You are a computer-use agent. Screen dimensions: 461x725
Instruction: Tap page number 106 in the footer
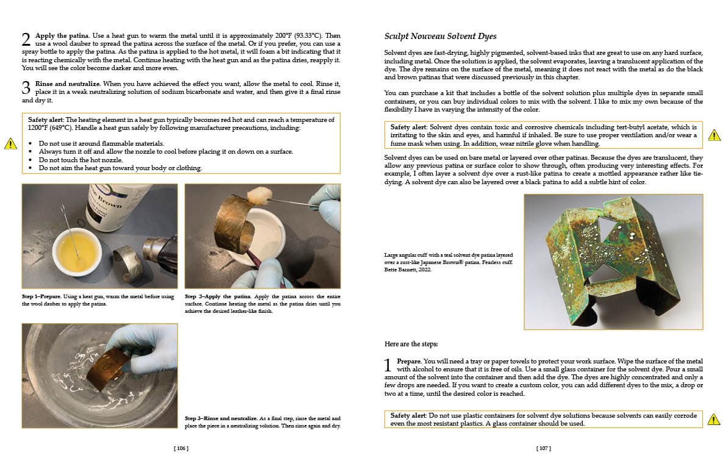[181, 448]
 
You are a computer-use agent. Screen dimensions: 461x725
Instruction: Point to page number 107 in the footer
[543, 448]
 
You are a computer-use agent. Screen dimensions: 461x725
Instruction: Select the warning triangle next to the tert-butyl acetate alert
[713, 135]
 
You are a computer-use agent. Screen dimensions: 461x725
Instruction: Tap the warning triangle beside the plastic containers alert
[713, 420]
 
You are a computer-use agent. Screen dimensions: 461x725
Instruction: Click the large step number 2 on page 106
[26, 40]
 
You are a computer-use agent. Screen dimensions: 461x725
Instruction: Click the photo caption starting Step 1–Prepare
[98, 300]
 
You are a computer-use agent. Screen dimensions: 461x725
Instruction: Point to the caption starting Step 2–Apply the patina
[262, 303]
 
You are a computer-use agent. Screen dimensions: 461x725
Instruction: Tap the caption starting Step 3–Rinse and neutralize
[262, 422]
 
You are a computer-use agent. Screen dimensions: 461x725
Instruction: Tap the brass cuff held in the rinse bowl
[107, 370]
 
